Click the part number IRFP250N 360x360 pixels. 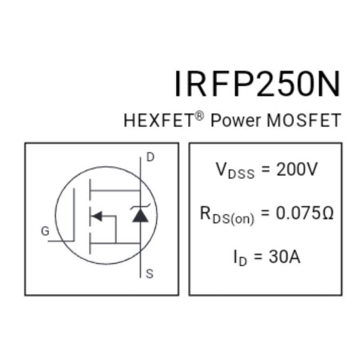[x=257, y=84]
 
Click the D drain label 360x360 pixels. [x=151, y=157]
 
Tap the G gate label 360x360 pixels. [x=45, y=232]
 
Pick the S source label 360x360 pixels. [x=150, y=274]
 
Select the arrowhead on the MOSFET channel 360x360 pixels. [x=97, y=217]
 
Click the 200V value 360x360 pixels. [x=297, y=170]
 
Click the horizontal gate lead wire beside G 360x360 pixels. [x=61, y=241]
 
